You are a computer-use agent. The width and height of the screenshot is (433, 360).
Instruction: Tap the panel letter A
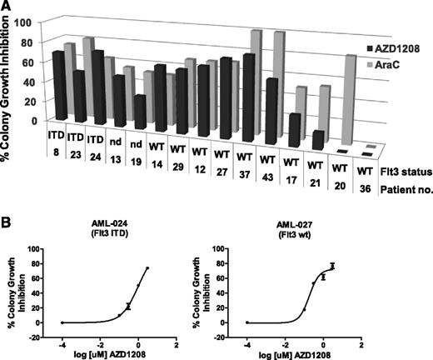coord(6,6)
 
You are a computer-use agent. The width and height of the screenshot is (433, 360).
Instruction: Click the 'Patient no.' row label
coord(401,189)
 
